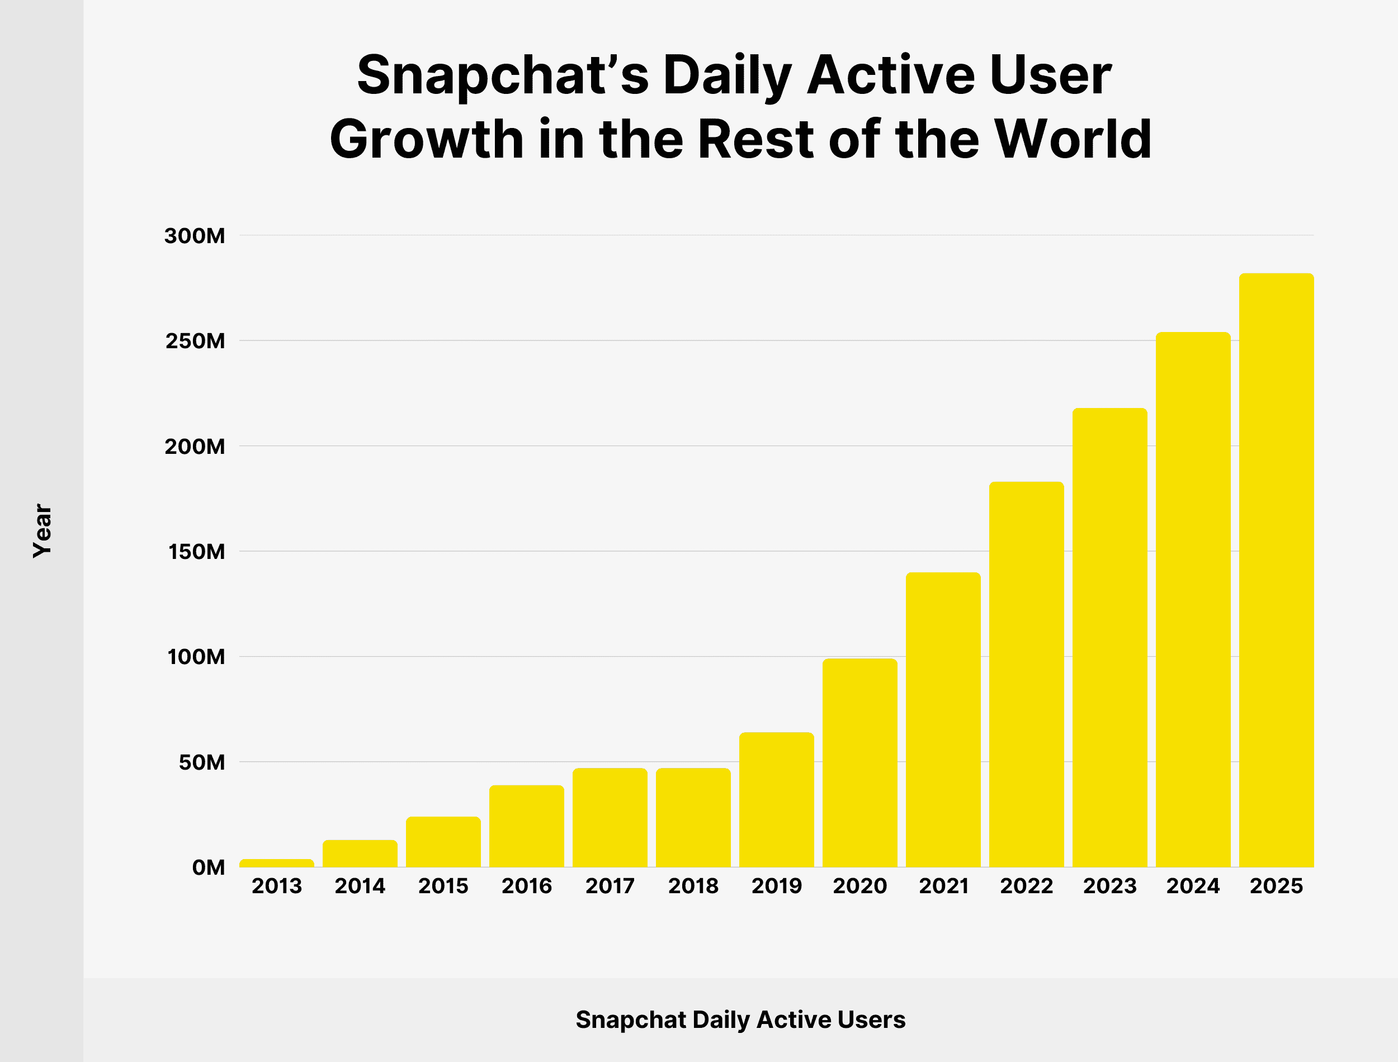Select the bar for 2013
[x=276, y=863]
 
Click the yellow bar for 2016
[x=526, y=826]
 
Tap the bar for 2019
[x=777, y=800]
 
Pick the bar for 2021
[x=943, y=719]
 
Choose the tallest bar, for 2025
[x=1276, y=570]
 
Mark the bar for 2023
[x=1109, y=637]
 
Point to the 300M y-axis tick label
[x=195, y=236]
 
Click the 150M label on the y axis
[x=197, y=552]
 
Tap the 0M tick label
[x=209, y=867]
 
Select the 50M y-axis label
[x=202, y=762]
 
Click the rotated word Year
[x=42, y=531]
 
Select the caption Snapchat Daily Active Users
[x=740, y=1020]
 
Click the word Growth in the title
[x=426, y=139]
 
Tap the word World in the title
[x=1073, y=139]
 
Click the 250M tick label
[x=195, y=342]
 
